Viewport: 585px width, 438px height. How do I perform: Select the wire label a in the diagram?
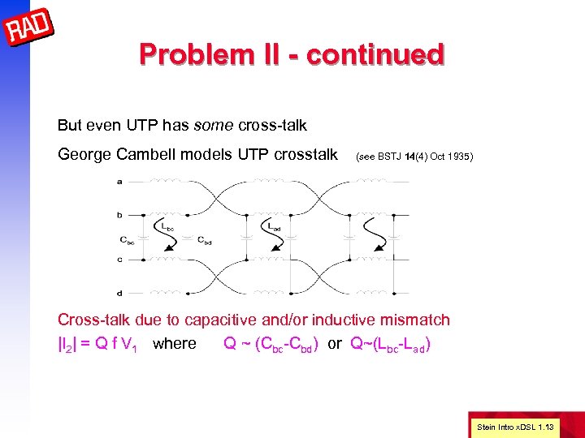coord(119,181)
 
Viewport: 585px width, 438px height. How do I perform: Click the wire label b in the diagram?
coord(119,215)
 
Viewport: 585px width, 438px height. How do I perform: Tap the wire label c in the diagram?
coord(119,260)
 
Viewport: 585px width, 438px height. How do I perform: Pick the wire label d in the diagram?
coord(119,293)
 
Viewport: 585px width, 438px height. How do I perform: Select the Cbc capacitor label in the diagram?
coord(128,239)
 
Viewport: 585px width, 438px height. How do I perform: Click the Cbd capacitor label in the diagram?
coord(206,239)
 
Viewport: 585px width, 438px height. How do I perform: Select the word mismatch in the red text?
coord(416,320)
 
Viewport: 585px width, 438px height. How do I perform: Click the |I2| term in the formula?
coord(70,344)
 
